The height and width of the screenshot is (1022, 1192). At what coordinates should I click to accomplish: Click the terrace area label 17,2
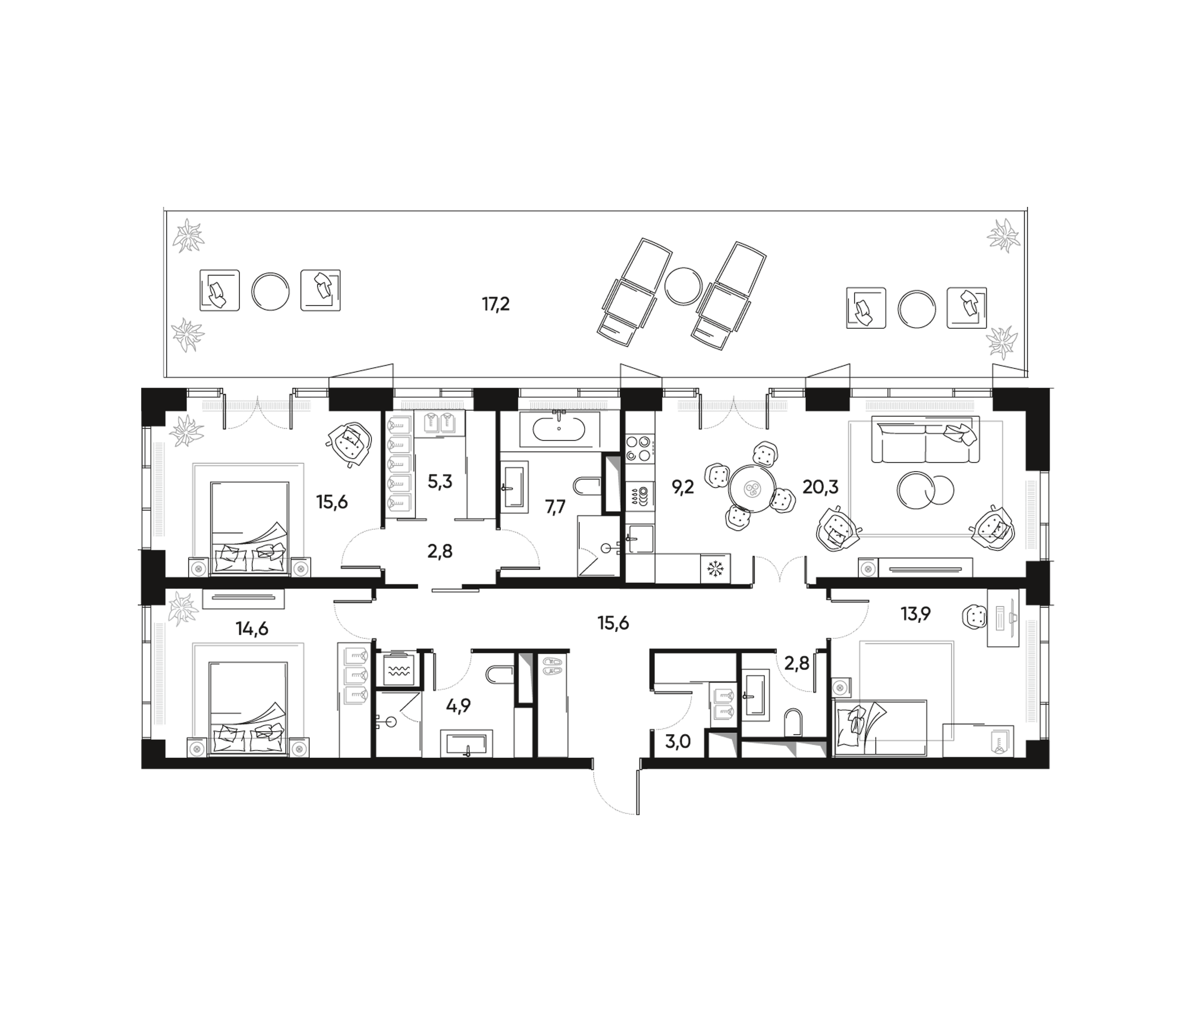[x=496, y=304]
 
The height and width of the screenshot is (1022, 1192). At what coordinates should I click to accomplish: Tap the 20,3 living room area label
[x=821, y=487]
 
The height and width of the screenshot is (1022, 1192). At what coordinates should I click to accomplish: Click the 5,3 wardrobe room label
[x=440, y=481]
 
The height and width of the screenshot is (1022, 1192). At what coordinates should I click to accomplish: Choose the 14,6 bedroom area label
[x=252, y=629]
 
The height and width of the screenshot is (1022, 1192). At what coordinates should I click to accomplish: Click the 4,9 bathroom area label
[x=459, y=705]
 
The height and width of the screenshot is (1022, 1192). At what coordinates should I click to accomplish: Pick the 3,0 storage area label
[x=678, y=741]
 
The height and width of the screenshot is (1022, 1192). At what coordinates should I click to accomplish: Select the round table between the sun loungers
[x=683, y=286]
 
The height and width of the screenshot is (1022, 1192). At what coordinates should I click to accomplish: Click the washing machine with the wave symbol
[x=399, y=668]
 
